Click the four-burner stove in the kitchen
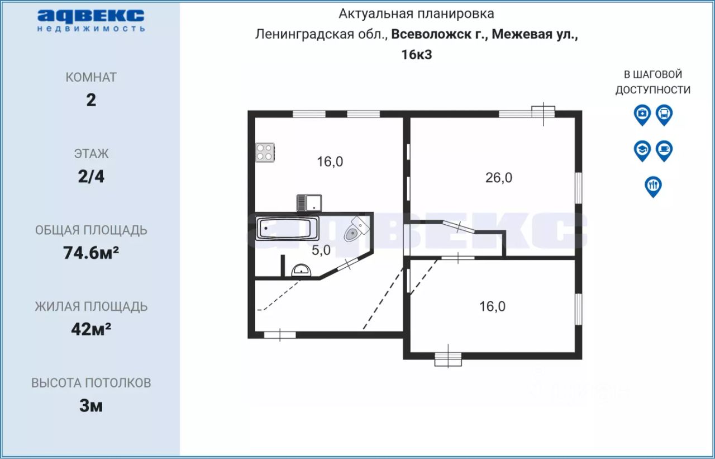click(x=265, y=152)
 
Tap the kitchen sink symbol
click(x=308, y=202)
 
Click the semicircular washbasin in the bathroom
click(x=302, y=271)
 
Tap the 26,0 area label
click(x=499, y=178)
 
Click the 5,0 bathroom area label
click(x=321, y=250)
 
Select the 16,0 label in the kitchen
click(x=330, y=162)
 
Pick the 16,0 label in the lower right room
click(x=492, y=306)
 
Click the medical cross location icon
click(x=642, y=114)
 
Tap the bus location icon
click(x=664, y=114)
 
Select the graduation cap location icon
click(x=642, y=149)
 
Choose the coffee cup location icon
click(x=664, y=149)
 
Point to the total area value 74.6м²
click(x=91, y=253)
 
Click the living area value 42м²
click(x=91, y=329)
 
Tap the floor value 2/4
click(x=91, y=177)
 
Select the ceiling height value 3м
click(x=91, y=406)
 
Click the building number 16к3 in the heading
click(x=417, y=55)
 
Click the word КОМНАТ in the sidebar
click(x=91, y=77)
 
